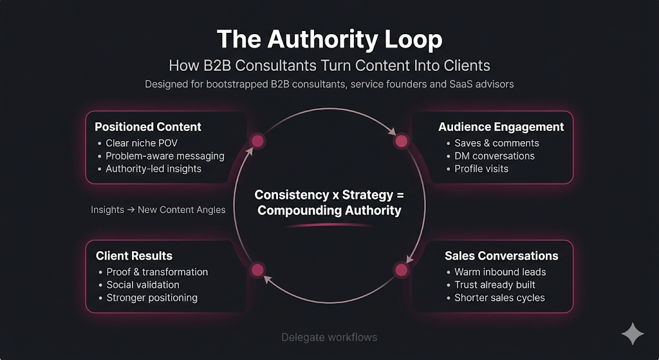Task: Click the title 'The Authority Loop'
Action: pyautogui.click(x=329, y=39)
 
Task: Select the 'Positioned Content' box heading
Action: pyautogui.click(x=148, y=127)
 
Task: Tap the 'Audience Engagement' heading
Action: pyautogui.click(x=501, y=127)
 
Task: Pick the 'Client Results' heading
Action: pyautogui.click(x=134, y=256)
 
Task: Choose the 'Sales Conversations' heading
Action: pyautogui.click(x=501, y=256)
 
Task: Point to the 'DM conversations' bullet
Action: pyautogui.click(x=494, y=156)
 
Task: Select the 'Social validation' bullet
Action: pyautogui.click(x=143, y=285)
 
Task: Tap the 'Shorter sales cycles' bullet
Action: pyautogui.click(x=499, y=298)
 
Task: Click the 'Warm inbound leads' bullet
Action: pyautogui.click(x=500, y=272)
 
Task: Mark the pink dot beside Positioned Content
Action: pyautogui.click(x=258, y=141)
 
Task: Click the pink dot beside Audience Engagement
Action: pyautogui.click(x=401, y=141)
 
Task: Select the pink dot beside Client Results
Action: pyautogui.click(x=257, y=270)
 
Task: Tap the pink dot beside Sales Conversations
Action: pyautogui.click(x=401, y=270)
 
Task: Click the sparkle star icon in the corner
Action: pyautogui.click(x=632, y=334)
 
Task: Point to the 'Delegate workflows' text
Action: pyautogui.click(x=329, y=337)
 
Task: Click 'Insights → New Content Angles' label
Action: pyautogui.click(x=158, y=210)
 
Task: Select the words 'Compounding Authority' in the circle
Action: pyautogui.click(x=329, y=211)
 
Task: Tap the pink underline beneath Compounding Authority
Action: pyautogui.click(x=329, y=225)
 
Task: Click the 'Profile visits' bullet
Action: pyautogui.click(x=481, y=169)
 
